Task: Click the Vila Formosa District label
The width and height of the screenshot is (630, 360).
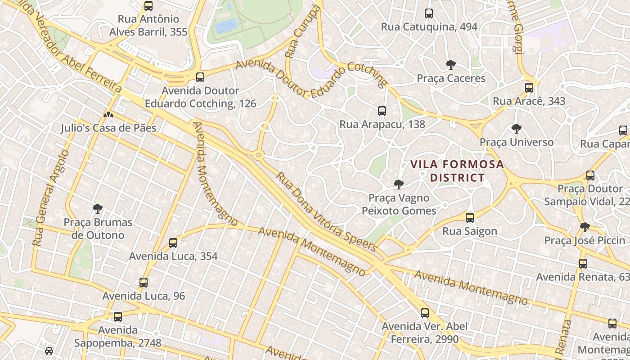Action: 457,171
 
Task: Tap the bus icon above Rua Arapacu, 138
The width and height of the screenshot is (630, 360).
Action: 382,111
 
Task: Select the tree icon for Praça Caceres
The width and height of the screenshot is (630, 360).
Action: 450,65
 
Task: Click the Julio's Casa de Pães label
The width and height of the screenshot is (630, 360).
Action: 108,128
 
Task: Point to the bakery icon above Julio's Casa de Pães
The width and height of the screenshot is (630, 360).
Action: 108,115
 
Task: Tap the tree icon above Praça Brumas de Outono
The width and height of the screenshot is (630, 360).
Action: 98,209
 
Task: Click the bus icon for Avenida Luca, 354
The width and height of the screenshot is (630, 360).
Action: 173,243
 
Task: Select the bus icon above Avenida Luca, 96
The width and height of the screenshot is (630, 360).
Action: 144,283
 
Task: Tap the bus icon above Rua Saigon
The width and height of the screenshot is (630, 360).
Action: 470,218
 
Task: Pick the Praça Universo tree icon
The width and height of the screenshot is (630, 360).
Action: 516,129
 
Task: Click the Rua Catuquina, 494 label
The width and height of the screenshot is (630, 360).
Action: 429,27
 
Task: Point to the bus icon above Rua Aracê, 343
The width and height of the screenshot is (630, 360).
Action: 529,88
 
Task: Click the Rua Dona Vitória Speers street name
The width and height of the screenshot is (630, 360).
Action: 326,211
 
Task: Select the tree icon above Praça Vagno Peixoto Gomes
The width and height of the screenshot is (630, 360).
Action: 398,184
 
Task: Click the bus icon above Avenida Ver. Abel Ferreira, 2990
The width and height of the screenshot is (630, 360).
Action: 425,313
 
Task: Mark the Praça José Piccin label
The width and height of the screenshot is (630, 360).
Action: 585,241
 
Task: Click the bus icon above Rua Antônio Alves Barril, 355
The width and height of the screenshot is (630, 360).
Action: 148,6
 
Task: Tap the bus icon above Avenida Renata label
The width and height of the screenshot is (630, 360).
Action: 583,264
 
